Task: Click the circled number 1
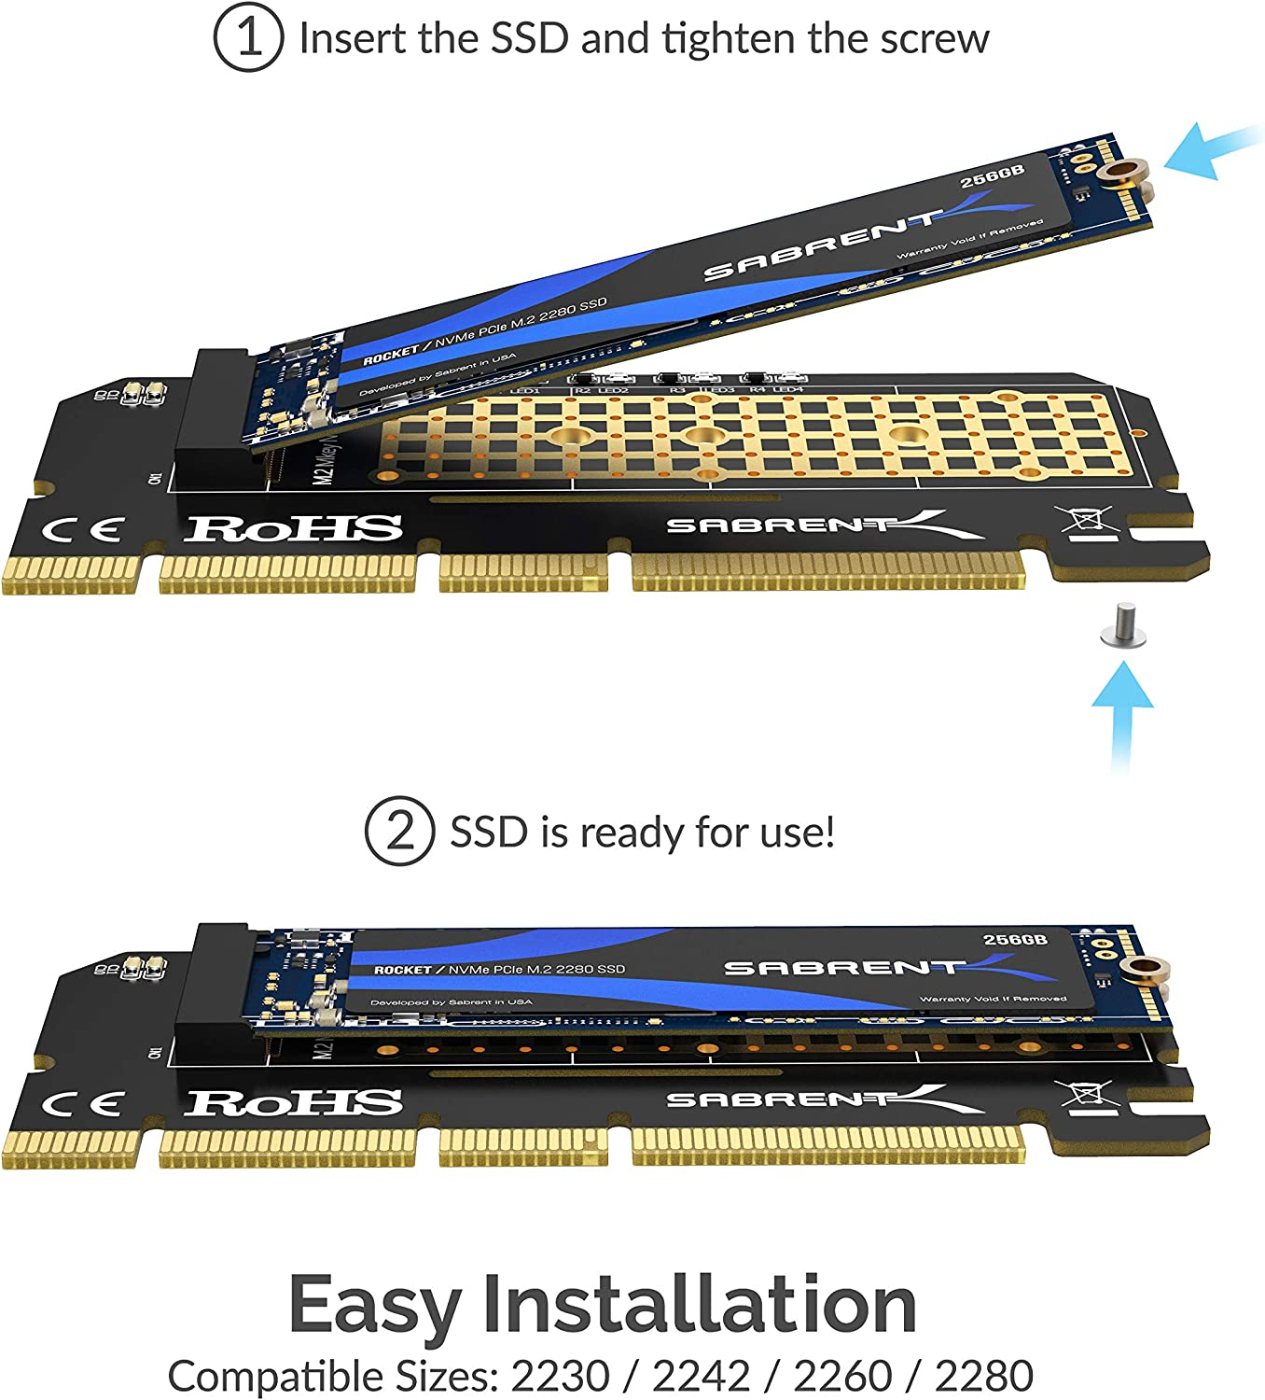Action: click(247, 38)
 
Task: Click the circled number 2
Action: click(398, 831)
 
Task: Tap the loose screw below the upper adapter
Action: click(1123, 626)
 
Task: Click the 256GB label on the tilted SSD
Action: click(993, 175)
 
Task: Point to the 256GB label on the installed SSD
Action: click(1015, 939)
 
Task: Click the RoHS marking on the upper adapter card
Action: click(293, 528)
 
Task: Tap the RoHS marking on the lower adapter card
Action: click(293, 1102)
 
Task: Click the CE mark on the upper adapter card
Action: click(82, 531)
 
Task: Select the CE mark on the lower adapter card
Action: click(82, 1105)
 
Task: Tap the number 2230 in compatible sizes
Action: click(560, 1376)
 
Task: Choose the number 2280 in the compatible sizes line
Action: click(983, 1376)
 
